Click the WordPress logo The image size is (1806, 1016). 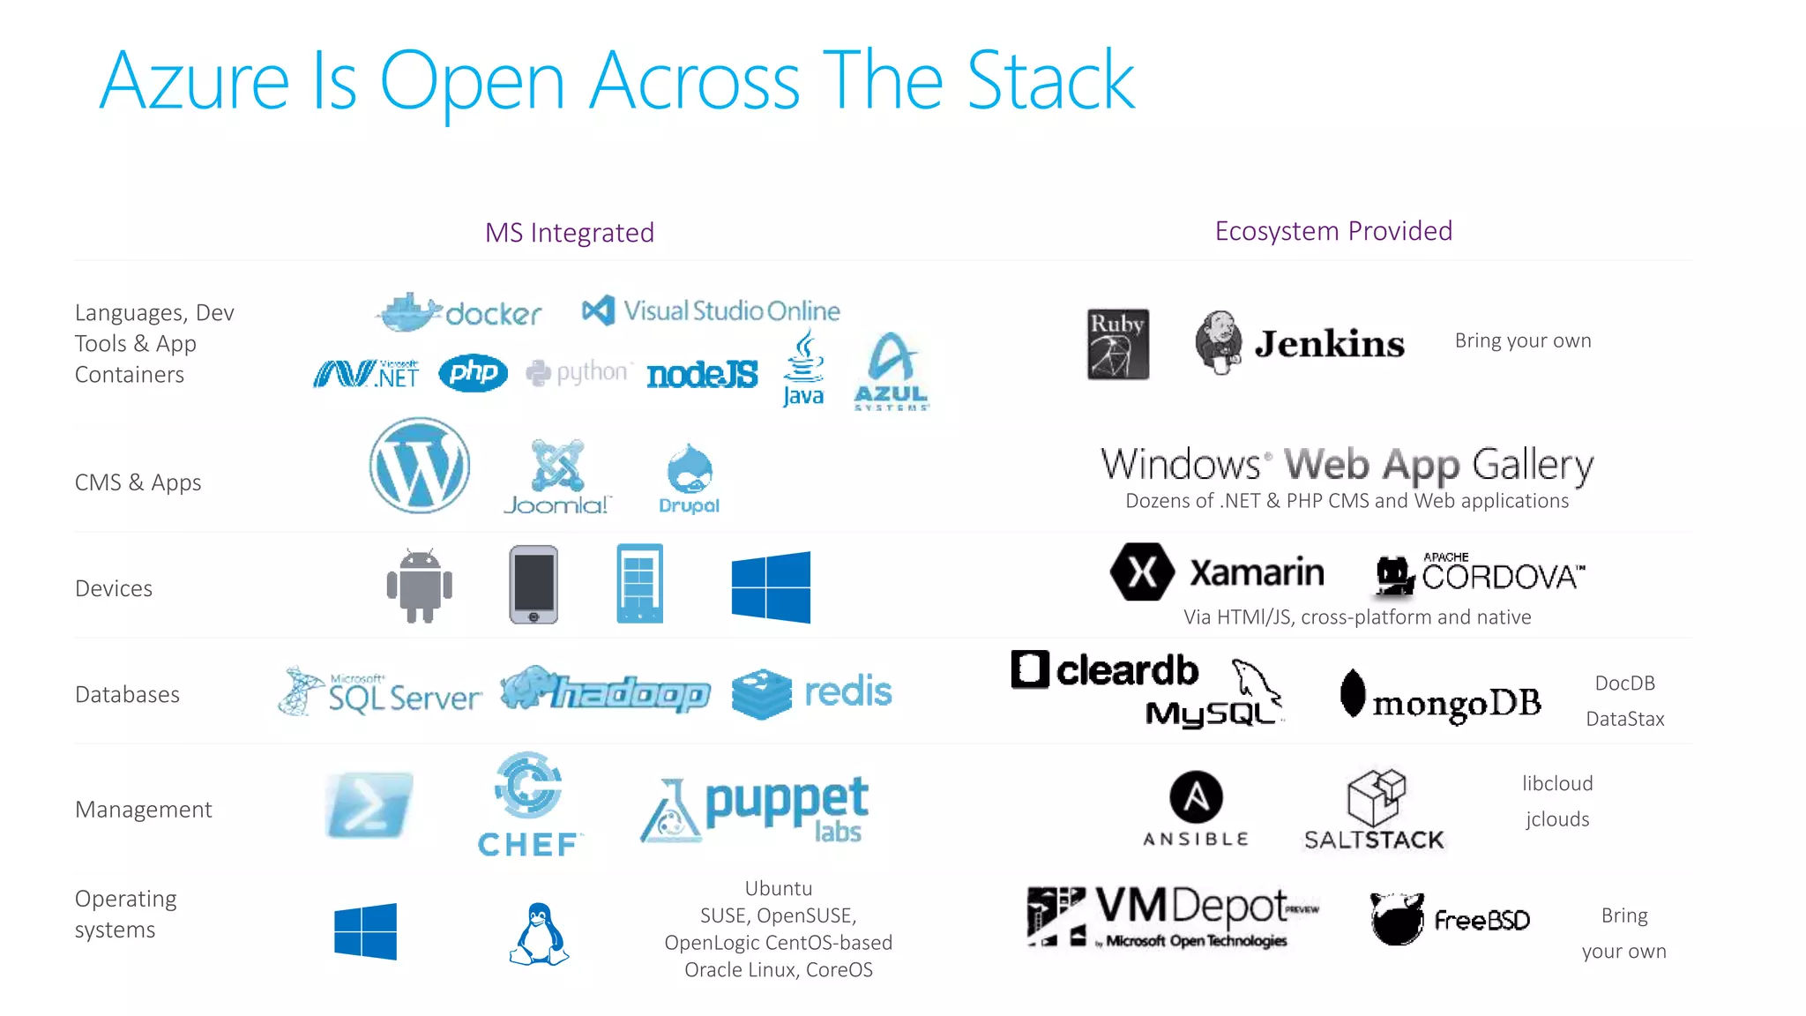click(420, 466)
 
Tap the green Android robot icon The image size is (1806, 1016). click(420, 586)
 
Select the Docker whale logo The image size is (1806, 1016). click(409, 312)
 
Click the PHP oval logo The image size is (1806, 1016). click(473, 373)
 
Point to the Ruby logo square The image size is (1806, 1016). click(1117, 344)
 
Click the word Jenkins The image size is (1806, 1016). click(1329, 344)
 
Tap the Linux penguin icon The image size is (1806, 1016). click(539, 934)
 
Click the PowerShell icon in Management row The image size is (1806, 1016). click(369, 804)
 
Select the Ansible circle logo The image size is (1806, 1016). click(1196, 797)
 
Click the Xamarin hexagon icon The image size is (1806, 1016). click(1142, 572)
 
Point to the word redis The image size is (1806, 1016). click(847, 691)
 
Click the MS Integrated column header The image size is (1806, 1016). click(570, 233)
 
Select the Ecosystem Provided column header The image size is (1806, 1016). click(1333, 231)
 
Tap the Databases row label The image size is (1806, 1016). click(127, 695)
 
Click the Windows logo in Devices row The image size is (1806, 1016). click(771, 587)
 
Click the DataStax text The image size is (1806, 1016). click(1624, 719)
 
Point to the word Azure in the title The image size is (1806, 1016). click(195, 81)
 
